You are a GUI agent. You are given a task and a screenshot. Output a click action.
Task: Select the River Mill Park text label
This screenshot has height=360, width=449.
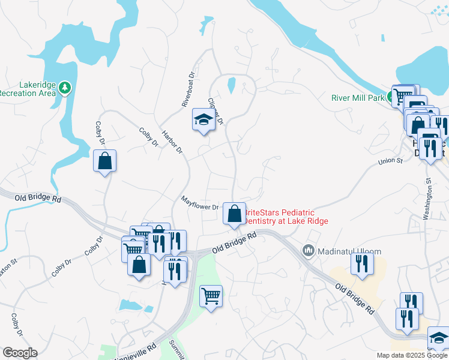tap(358, 98)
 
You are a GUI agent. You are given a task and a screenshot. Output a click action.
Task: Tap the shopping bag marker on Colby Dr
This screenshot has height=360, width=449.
tap(104, 161)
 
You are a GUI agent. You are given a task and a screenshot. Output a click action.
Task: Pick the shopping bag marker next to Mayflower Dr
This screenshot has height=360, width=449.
tap(234, 214)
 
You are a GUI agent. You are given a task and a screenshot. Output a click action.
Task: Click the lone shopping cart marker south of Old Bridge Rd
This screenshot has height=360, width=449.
tap(211, 296)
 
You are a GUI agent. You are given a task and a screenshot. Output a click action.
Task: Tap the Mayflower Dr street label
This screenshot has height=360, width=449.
tap(200, 205)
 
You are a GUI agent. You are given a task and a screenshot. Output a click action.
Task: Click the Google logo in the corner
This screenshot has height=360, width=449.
tap(20, 353)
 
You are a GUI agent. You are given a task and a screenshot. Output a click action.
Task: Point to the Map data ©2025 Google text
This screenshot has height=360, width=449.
tap(411, 355)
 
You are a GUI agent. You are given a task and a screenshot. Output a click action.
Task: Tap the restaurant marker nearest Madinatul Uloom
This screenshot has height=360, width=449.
tap(362, 264)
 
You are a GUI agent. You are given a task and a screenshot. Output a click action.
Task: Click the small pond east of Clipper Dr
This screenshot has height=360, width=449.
tap(231, 86)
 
